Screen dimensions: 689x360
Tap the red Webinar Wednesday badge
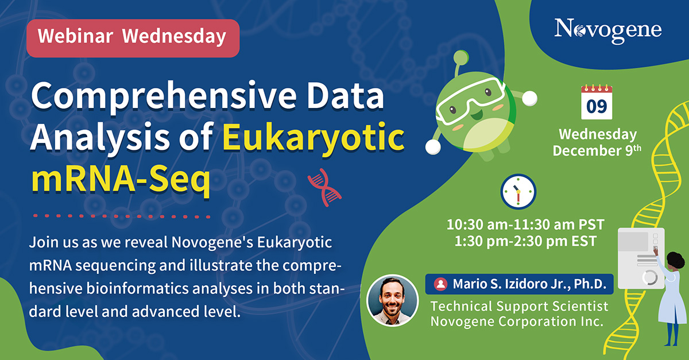click(x=133, y=38)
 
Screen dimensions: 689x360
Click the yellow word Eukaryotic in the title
click(x=313, y=137)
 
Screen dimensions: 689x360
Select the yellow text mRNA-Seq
click(x=121, y=180)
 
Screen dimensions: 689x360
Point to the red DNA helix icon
click(x=324, y=187)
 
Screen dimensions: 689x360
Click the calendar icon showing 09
click(x=597, y=102)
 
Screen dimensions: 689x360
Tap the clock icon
click(x=518, y=192)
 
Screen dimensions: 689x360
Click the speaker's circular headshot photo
click(x=393, y=300)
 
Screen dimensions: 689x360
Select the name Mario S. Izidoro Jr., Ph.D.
click(x=529, y=284)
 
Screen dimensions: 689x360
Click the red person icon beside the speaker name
click(x=440, y=284)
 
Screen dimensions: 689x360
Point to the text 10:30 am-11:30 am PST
click(x=525, y=224)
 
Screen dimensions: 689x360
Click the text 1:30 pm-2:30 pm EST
click(x=525, y=241)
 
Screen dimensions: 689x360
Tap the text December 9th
click(x=597, y=150)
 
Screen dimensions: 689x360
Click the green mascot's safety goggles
click(x=471, y=100)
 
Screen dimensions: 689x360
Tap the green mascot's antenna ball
click(x=461, y=57)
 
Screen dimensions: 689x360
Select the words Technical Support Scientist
click(x=519, y=307)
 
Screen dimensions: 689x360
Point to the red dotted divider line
click(x=122, y=216)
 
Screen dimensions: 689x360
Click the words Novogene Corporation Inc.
click(x=517, y=322)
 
